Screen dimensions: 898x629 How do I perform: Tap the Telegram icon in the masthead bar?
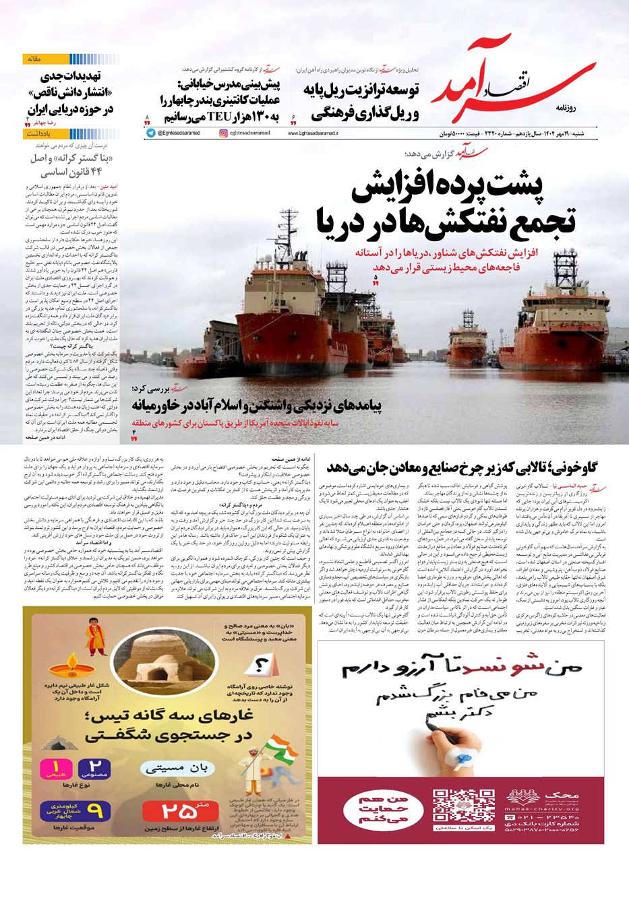(x=150, y=133)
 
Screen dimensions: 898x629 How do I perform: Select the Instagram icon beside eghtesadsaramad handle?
(x=223, y=133)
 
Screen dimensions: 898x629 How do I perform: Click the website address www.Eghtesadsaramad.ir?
(x=313, y=133)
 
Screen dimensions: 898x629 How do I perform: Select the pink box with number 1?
(x=57, y=767)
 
